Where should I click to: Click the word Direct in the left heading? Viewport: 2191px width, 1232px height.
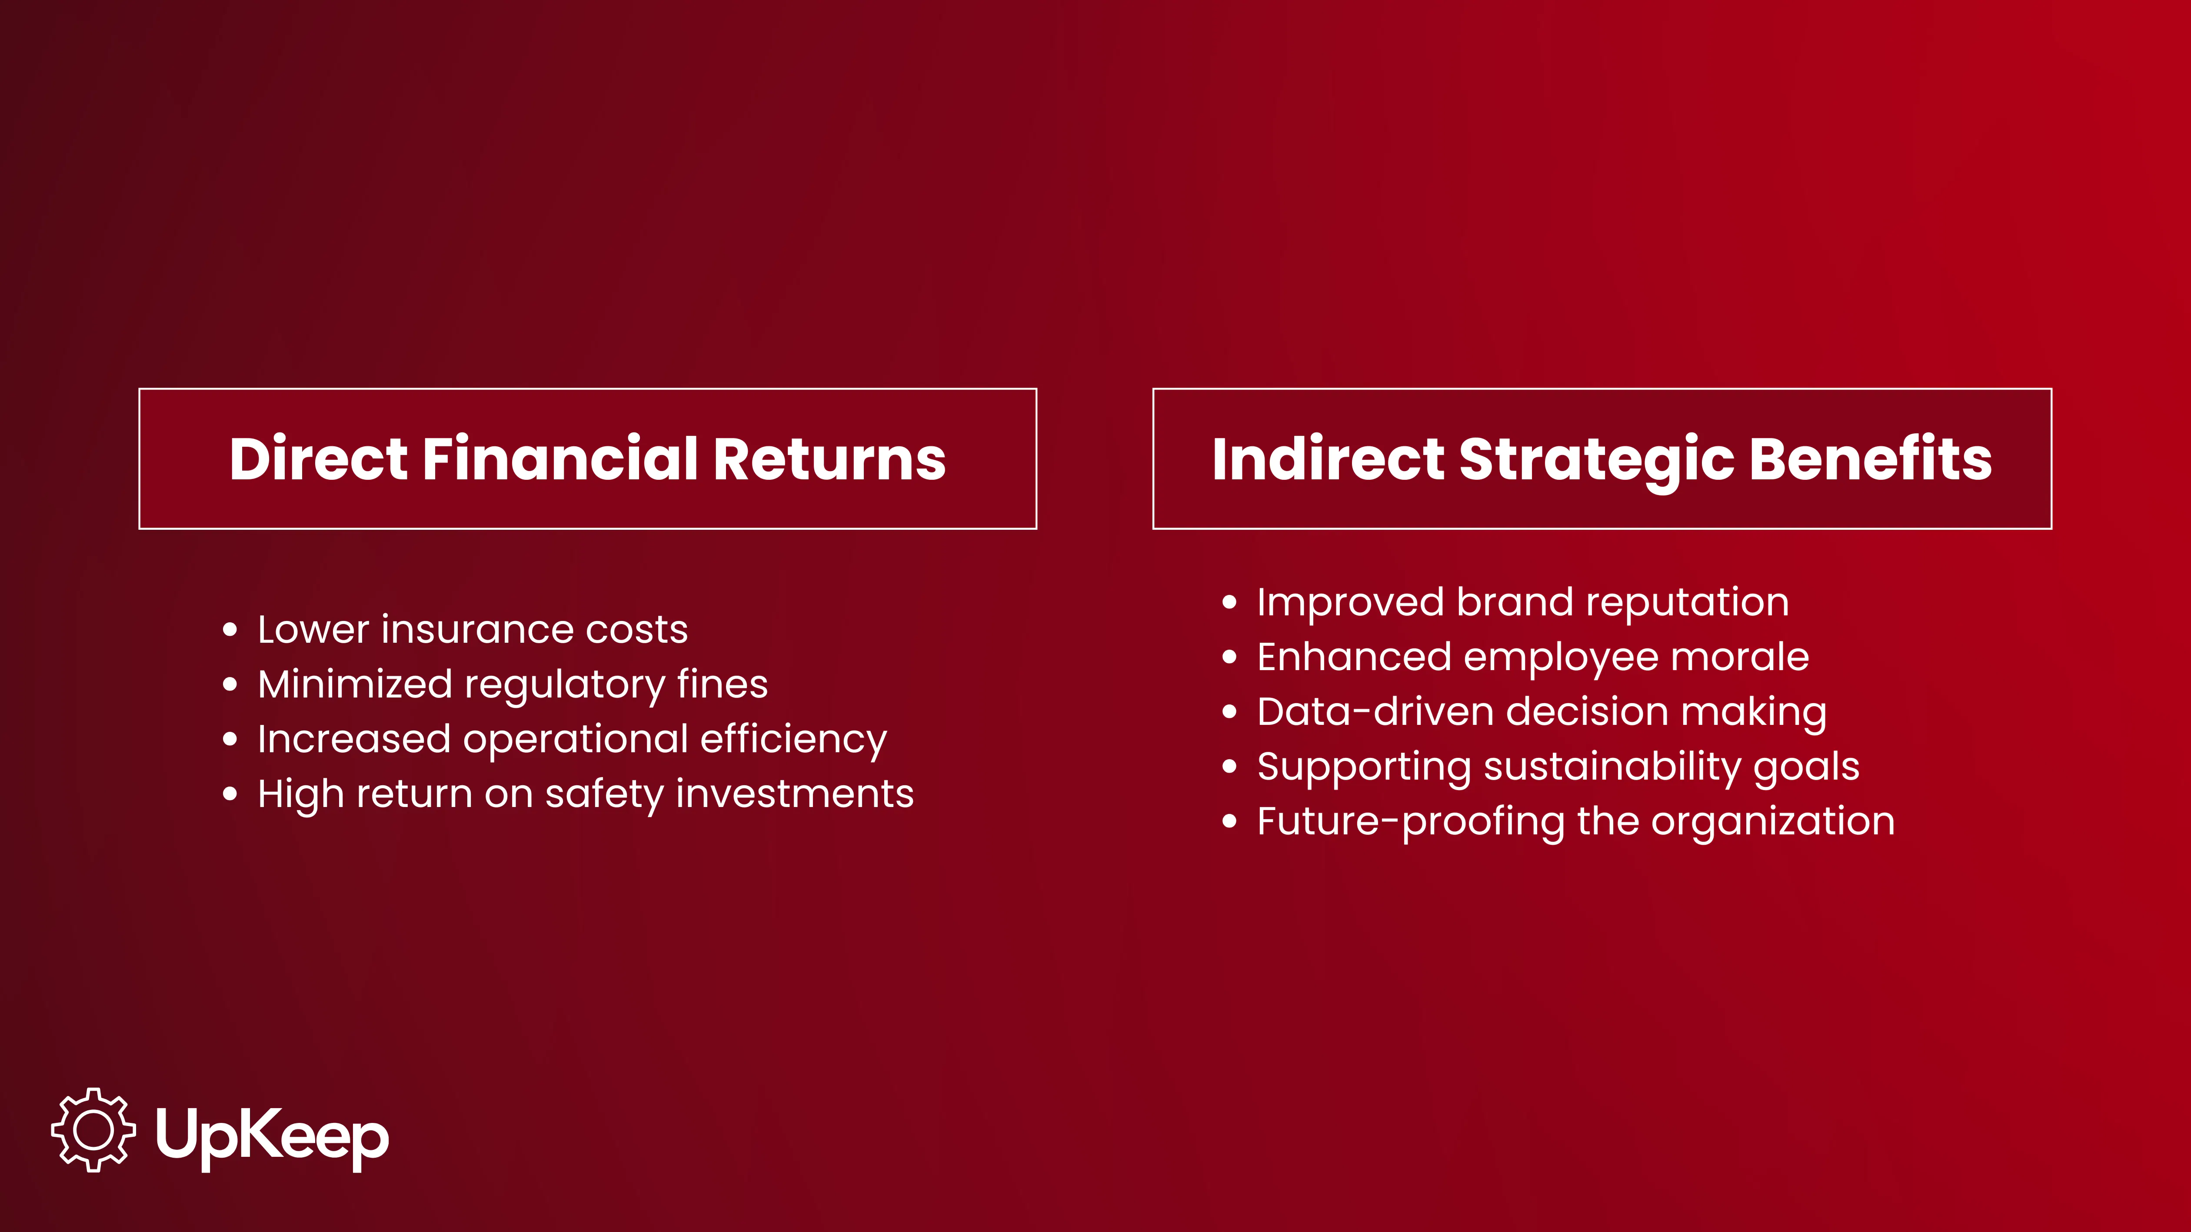(x=319, y=459)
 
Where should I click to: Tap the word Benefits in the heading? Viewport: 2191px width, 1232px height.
(x=1870, y=459)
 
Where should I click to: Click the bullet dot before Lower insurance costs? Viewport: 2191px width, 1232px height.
(x=230, y=630)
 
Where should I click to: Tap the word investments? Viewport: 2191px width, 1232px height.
(x=795, y=794)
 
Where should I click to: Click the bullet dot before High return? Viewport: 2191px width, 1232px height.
(x=230, y=794)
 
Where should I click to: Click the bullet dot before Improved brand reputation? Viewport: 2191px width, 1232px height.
(x=1229, y=603)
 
